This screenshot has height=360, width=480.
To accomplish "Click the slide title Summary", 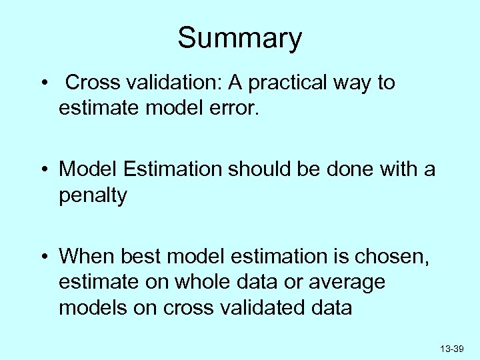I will pos(239,39).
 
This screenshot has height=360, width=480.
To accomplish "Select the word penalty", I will pos(93,197).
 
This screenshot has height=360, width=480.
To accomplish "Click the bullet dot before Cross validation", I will pos(43,84).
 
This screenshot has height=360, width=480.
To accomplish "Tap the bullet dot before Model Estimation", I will pos(43,170).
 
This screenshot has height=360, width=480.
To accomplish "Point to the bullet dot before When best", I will pos(43,257).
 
